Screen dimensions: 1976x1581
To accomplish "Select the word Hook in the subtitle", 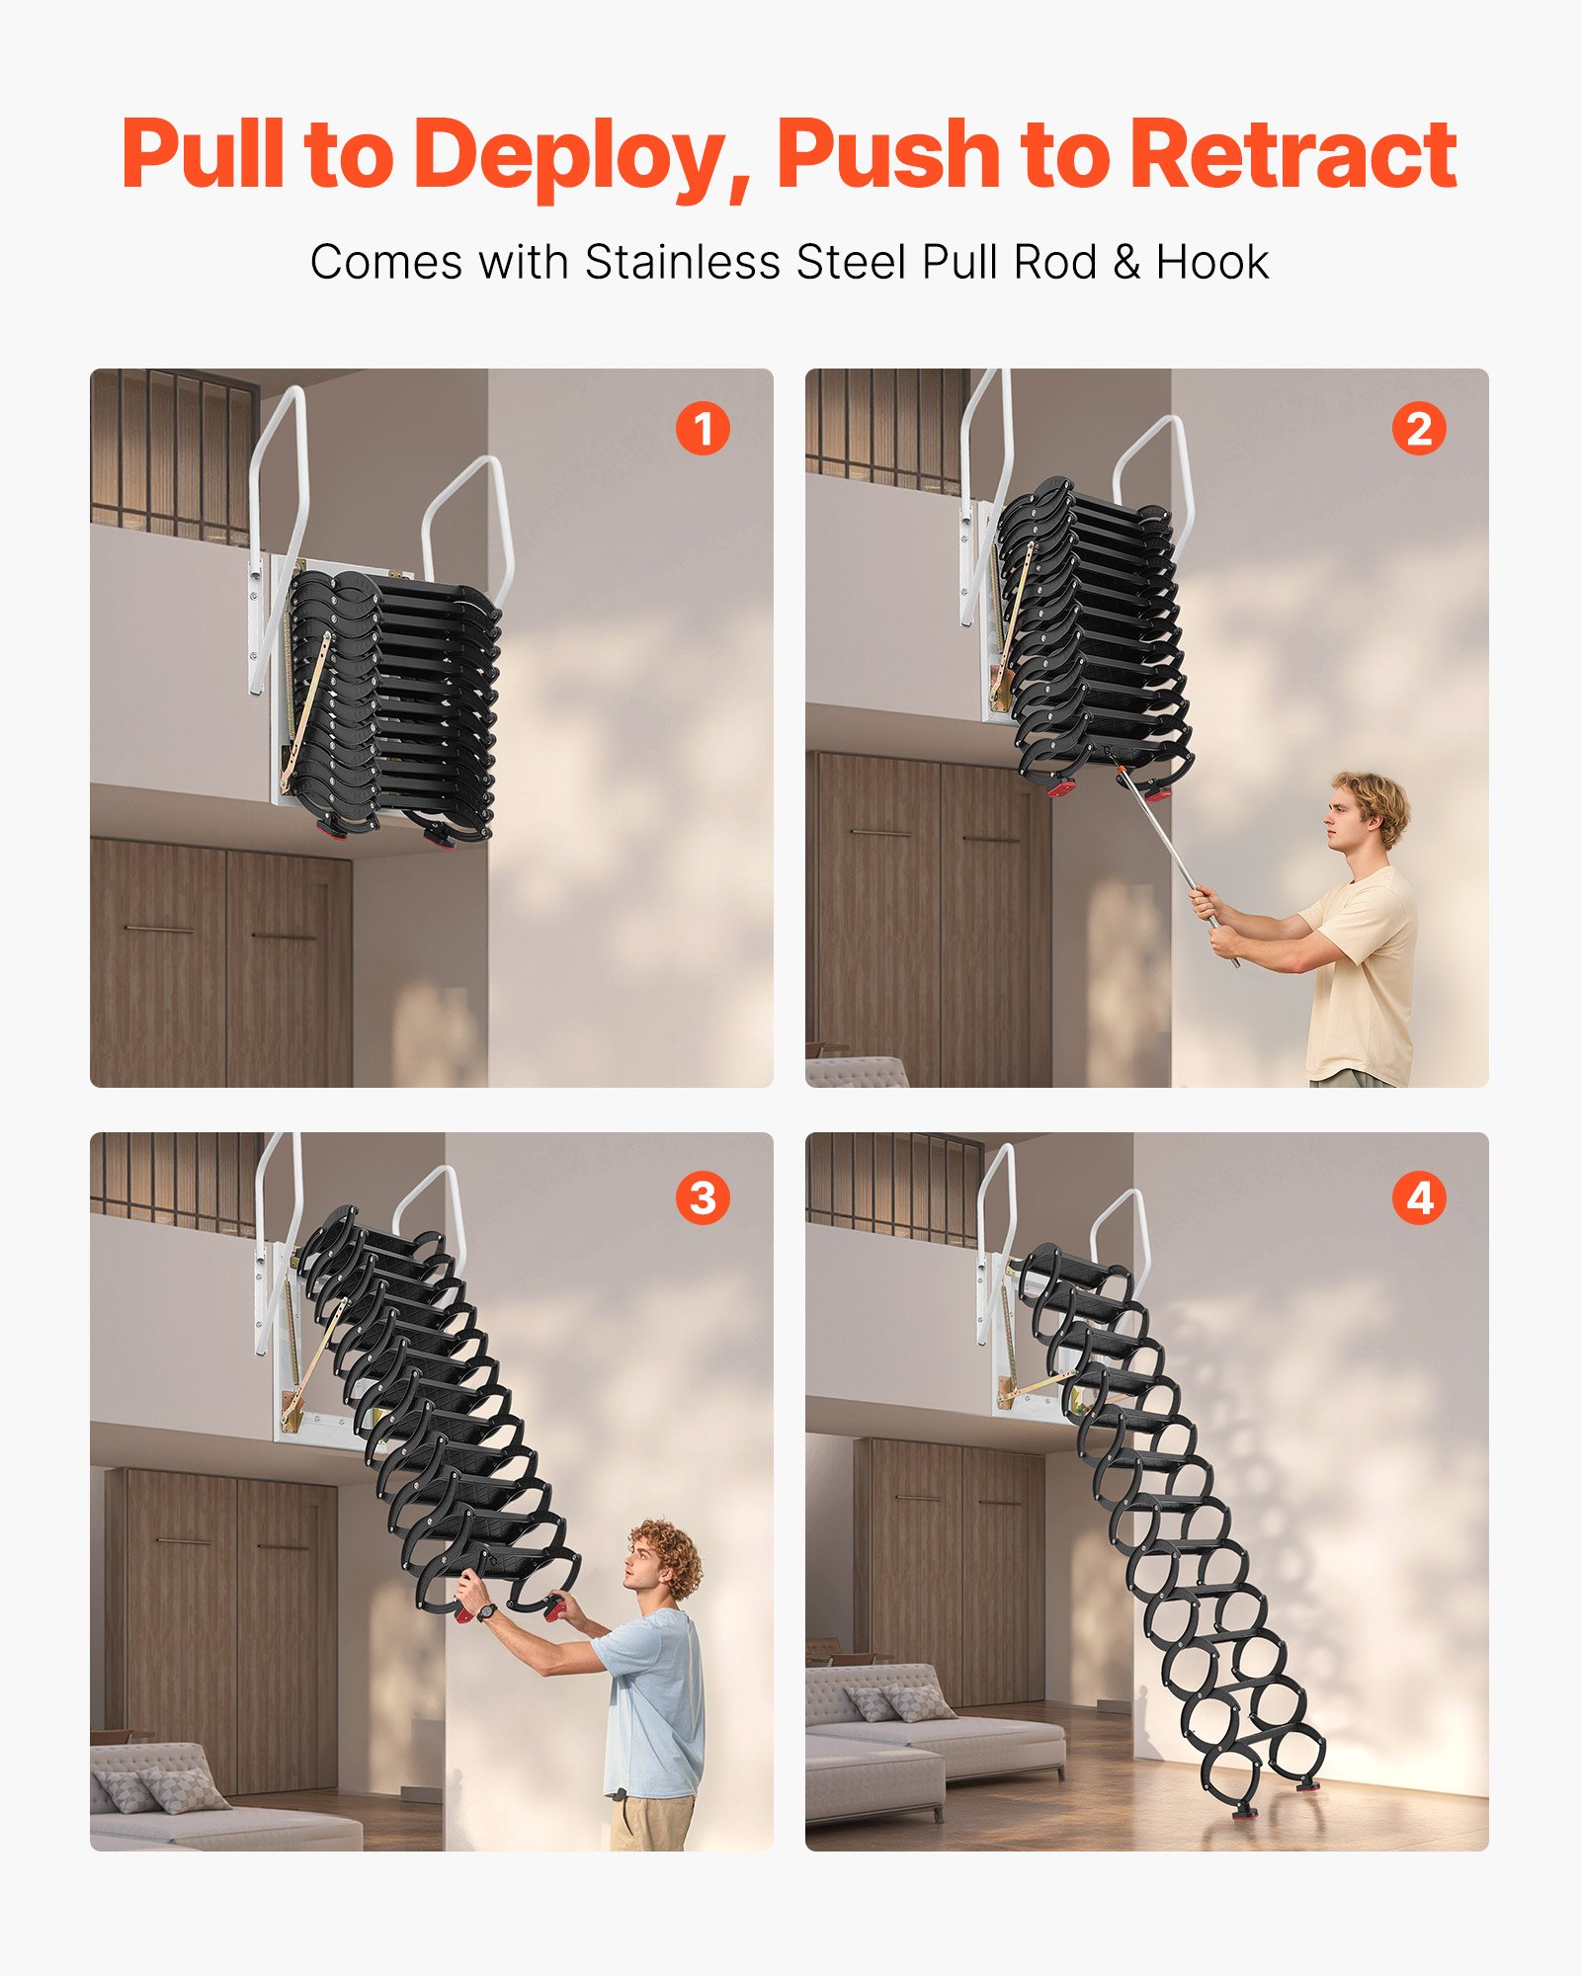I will pos(1211,263).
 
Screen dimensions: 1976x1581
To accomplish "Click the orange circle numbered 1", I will pos(703,429).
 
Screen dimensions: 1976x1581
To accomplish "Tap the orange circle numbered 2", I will pos(1418,429).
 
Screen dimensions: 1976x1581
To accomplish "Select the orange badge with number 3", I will pos(703,1197).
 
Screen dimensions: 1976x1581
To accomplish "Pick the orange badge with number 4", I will pos(1418,1197).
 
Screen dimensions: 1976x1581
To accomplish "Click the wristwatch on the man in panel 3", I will pos(485,1613).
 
